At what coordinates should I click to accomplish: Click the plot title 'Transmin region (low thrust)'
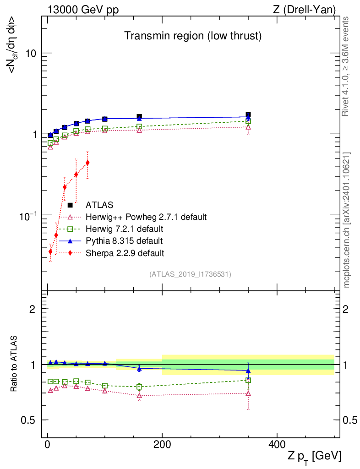click(193, 36)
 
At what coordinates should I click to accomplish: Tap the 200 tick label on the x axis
click(162, 444)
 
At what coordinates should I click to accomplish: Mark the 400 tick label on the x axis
click(276, 444)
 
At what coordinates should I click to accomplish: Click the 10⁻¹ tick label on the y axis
click(28, 216)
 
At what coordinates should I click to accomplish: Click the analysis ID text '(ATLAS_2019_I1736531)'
click(190, 274)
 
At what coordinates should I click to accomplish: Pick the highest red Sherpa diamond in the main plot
click(87, 163)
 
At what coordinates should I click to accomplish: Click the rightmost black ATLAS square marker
click(248, 115)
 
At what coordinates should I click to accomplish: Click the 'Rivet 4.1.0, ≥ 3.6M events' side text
click(346, 66)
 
